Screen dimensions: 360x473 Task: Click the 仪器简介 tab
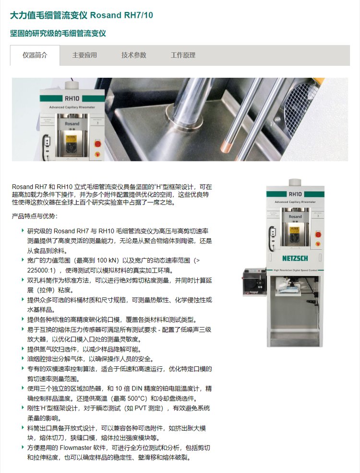pos(35,55)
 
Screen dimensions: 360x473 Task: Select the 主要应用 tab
pos(84,55)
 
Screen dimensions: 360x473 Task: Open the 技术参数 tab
pos(134,55)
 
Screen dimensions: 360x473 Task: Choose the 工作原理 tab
pos(183,55)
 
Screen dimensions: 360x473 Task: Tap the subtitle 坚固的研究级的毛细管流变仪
pos(58,33)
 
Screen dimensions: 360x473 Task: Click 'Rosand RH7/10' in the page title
pos(121,15)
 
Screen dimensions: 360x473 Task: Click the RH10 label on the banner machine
pos(72,98)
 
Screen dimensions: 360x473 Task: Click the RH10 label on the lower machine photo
pos(295,194)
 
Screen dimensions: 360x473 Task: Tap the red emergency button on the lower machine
pos(318,234)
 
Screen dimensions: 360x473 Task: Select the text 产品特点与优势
pos(34,216)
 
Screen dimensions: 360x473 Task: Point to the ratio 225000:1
pos(41,270)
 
